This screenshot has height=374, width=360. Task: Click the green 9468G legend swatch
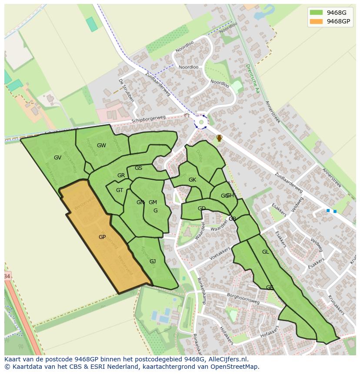point(316,12)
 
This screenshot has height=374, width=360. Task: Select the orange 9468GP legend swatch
point(316,21)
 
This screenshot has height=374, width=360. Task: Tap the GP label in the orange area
point(102,237)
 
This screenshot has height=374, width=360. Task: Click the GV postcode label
point(57,158)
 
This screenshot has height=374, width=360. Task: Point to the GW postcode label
point(101,146)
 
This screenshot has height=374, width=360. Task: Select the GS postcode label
point(138,168)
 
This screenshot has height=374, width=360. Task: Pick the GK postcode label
point(192,180)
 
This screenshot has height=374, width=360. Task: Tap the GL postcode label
point(265,252)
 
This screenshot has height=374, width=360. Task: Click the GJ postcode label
point(153,261)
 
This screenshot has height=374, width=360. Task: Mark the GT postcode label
point(120,190)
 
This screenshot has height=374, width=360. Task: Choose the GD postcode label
point(202,209)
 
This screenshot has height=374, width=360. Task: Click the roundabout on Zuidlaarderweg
point(201,122)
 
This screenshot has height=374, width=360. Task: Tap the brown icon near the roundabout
point(220,138)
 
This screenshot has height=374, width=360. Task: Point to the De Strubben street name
point(127,90)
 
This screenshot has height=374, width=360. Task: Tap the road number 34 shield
point(7,276)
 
